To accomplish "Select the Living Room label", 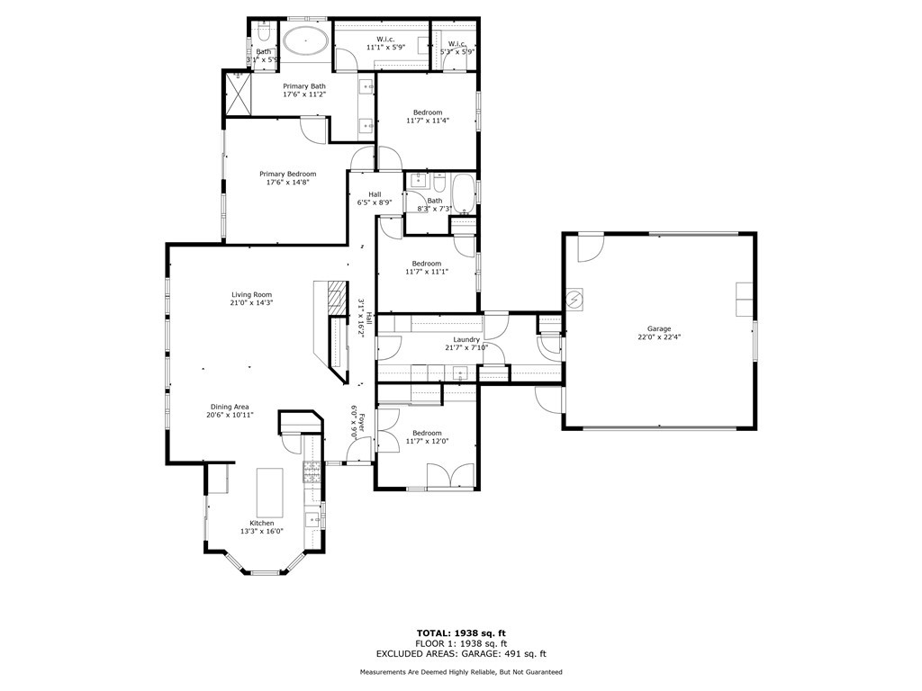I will click(x=251, y=295).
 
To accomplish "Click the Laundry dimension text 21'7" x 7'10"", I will click(x=466, y=348).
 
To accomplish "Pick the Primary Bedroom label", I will click(x=287, y=174).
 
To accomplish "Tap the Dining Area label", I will click(x=230, y=406).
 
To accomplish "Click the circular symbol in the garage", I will click(x=574, y=298).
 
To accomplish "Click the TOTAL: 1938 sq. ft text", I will click(x=461, y=633).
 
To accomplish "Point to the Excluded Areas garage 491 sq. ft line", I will click(x=461, y=654).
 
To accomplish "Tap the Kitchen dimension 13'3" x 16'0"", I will click(x=261, y=532).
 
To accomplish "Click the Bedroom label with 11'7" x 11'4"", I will click(x=427, y=112).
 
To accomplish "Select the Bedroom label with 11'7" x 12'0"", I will click(x=427, y=432).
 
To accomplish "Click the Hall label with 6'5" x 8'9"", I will click(x=375, y=193).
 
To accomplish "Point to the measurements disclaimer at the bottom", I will click(x=461, y=672).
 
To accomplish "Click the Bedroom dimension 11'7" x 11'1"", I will click(x=427, y=272).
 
